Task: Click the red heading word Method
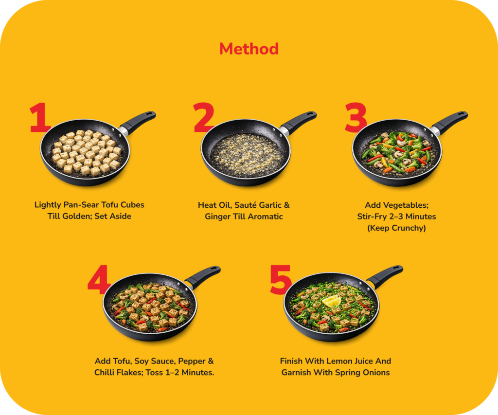[249, 49]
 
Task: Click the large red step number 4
[99, 279]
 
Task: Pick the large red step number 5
[281, 279]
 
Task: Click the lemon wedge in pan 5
[332, 301]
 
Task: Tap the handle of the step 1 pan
[139, 122]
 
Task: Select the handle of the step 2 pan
[299, 122]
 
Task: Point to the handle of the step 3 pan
[450, 122]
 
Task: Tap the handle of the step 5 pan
[386, 276]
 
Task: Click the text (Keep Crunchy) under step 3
[396, 228]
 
